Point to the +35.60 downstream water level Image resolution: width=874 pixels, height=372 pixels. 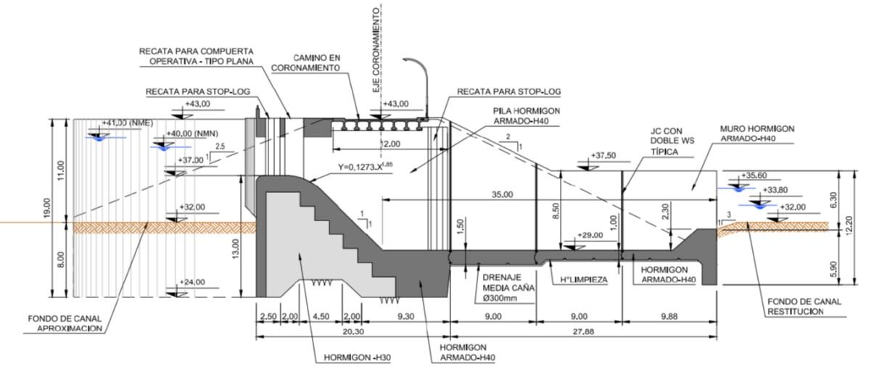click(756, 175)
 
